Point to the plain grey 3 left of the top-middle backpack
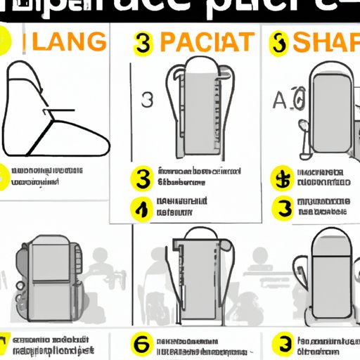147,99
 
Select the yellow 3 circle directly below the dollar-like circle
284,209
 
